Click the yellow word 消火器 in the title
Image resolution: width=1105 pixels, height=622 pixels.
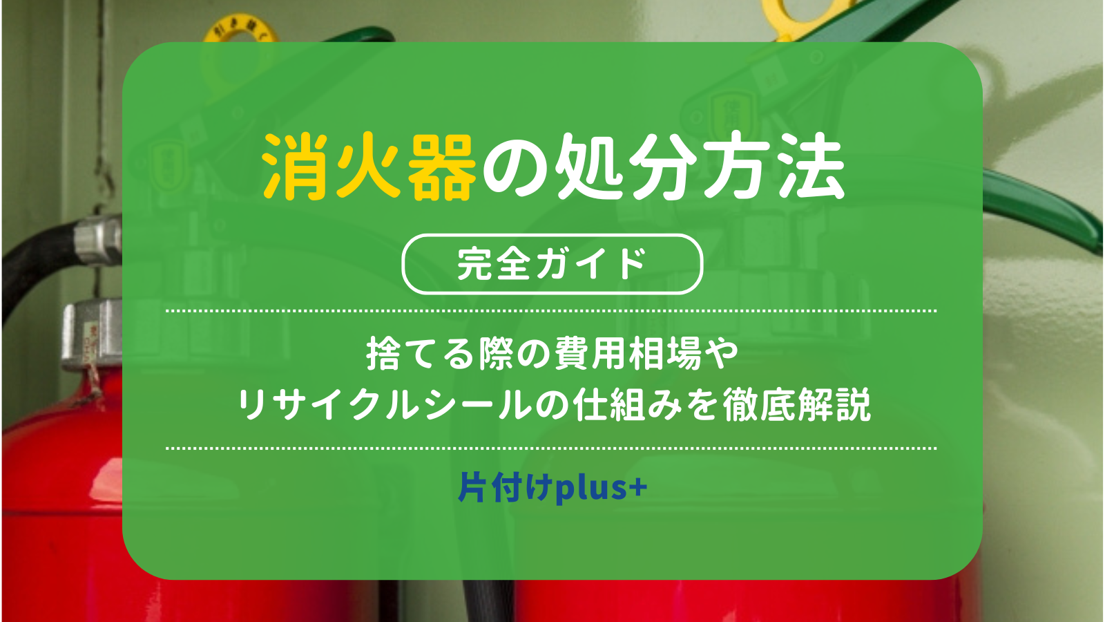[369, 167]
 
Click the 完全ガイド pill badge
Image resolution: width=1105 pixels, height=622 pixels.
[552, 264]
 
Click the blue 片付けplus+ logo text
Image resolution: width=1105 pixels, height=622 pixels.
[552, 488]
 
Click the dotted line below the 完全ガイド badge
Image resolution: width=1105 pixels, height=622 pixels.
[551, 311]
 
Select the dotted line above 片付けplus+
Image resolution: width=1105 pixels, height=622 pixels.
[551, 449]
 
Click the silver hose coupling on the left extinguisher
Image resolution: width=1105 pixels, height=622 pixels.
[97, 242]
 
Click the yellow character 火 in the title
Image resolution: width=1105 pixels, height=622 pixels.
[369, 167]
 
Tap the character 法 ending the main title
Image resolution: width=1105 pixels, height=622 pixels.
[812, 167]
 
